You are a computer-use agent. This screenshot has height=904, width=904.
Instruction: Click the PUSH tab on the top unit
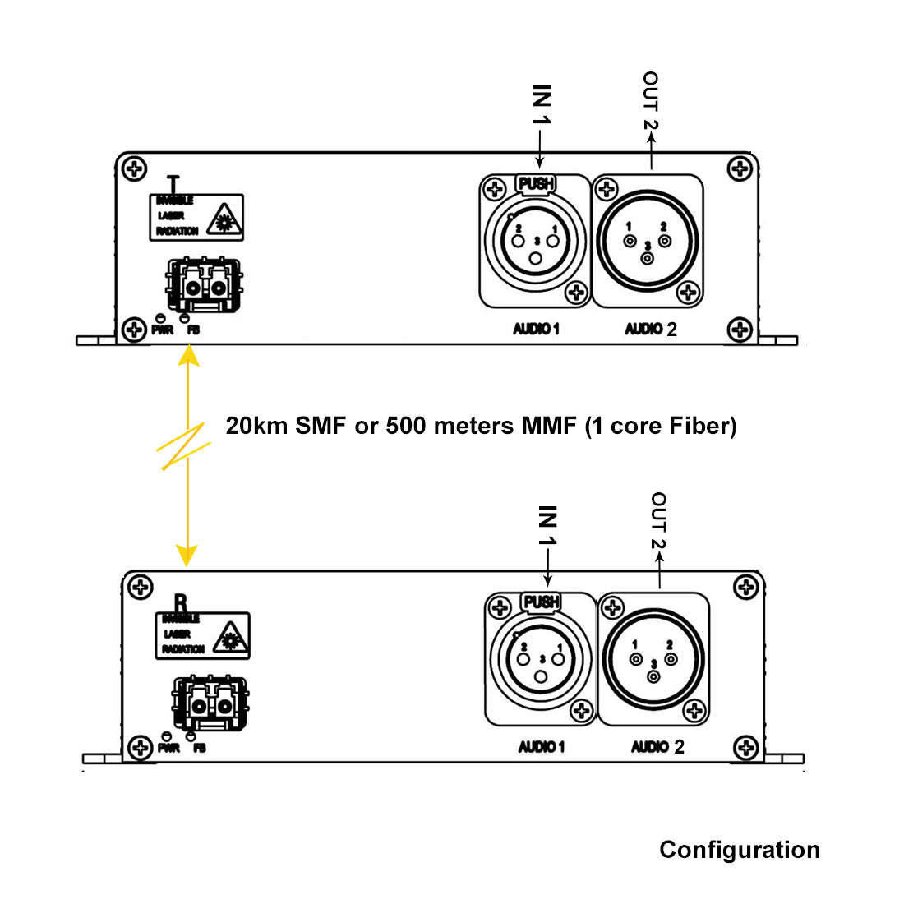click(536, 183)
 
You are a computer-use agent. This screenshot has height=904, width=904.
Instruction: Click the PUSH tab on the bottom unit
click(541, 602)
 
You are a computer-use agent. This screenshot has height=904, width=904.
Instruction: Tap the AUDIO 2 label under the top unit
click(650, 329)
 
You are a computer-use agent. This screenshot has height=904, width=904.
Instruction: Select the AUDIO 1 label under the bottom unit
click(541, 747)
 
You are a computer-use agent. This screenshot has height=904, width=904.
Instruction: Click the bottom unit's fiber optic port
click(210, 704)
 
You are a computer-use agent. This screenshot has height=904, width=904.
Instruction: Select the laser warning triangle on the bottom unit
click(229, 638)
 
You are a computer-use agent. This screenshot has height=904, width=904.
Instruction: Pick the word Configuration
click(739, 850)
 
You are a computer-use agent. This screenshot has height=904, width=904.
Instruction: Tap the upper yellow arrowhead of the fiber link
click(189, 355)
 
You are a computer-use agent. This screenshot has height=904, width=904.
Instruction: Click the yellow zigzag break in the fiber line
click(184, 447)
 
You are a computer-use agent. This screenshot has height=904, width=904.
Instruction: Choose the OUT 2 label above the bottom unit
click(658, 520)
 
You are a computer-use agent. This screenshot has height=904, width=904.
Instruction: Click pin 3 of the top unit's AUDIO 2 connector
click(648, 258)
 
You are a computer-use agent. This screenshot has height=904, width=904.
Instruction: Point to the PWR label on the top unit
click(162, 330)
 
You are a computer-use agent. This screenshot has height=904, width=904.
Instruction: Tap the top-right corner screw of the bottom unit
click(745, 588)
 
